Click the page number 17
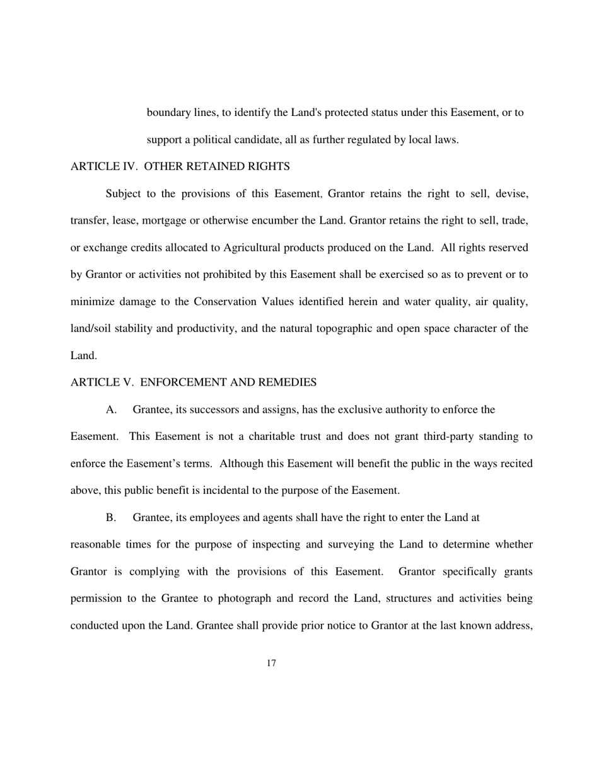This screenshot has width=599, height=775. (271, 663)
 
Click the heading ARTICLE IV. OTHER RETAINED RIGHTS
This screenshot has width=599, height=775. (180, 166)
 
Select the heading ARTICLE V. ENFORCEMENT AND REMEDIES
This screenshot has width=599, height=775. (193, 382)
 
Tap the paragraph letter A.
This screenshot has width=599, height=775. (111, 410)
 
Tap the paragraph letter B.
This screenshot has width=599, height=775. (111, 517)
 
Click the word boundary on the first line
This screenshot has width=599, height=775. (168, 113)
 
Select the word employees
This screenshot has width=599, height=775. (205, 517)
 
